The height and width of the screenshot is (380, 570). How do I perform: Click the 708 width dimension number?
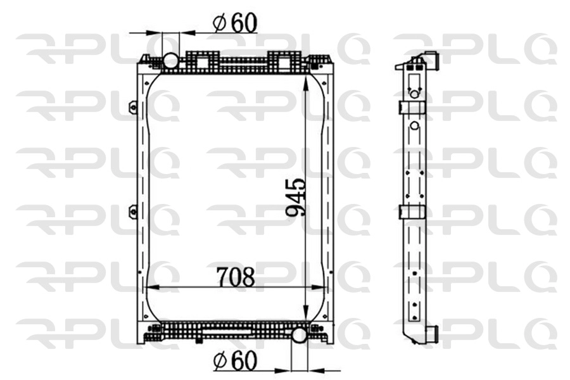pyautogui.click(x=236, y=277)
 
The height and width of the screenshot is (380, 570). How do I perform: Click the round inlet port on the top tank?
pyautogui.click(x=171, y=61)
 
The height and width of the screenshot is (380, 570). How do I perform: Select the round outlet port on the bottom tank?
pyautogui.click(x=299, y=334)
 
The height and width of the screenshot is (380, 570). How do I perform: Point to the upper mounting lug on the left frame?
pyautogui.click(x=133, y=107)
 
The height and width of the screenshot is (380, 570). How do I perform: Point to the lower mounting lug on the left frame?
pyautogui.click(x=133, y=212)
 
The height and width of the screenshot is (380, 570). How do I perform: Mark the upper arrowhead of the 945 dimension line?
pyautogui.click(x=307, y=79)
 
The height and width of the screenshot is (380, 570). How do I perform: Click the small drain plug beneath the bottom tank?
pyautogui.click(x=199, y=341)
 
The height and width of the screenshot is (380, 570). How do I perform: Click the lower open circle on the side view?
pyautogui.click(x=414, y=125)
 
